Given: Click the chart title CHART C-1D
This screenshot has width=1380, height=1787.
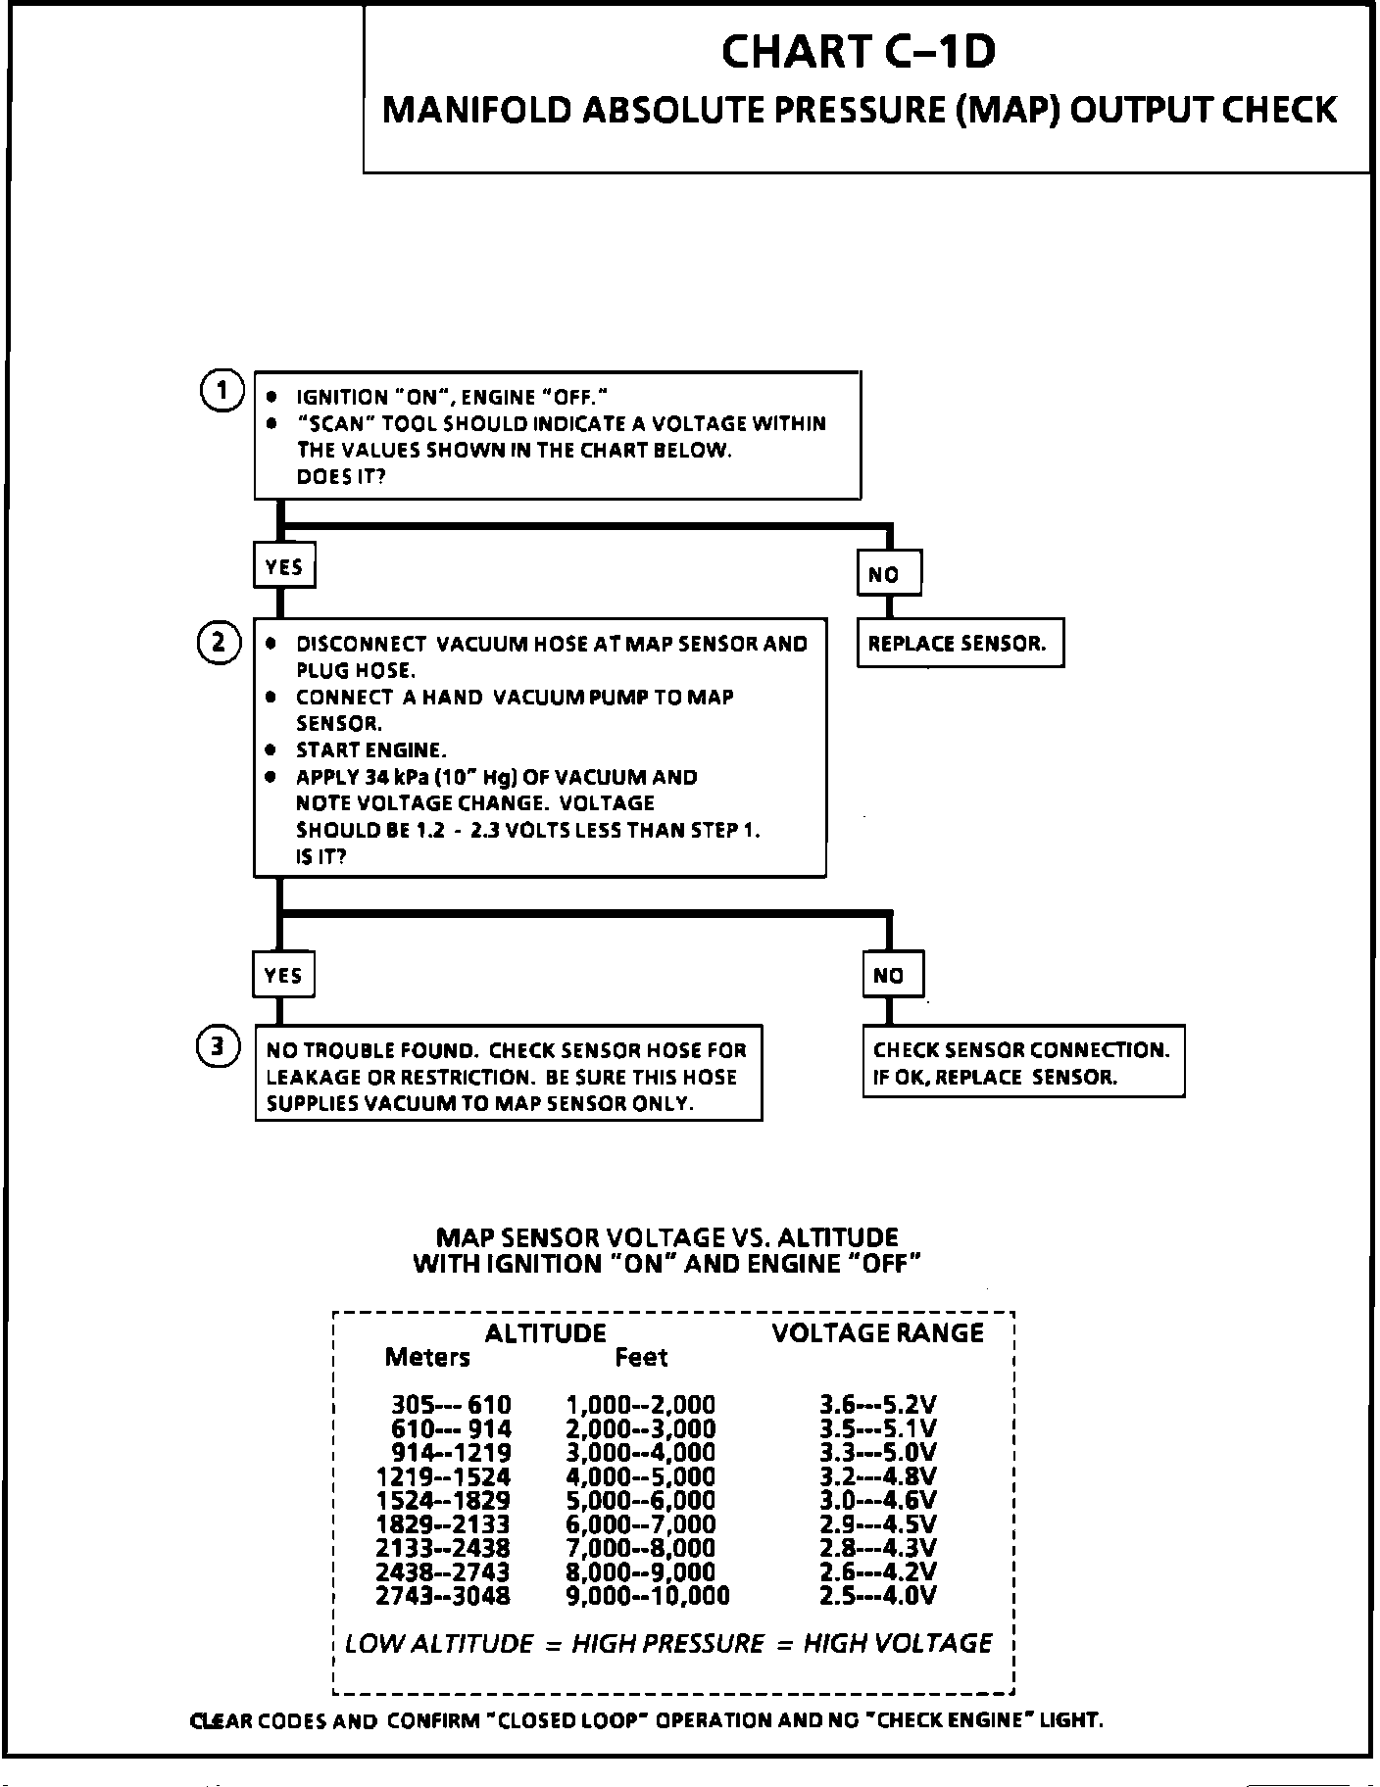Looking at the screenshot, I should click(x=859, y=53).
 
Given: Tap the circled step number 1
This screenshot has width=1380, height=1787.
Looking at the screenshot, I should click(x=222, y=392).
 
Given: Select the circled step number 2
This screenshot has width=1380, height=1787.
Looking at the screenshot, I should click(x=220, y=643).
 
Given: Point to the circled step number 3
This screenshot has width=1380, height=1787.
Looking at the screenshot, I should click(x=220, y=1047).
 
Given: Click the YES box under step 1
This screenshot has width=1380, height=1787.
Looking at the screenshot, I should click(x=284, y=566).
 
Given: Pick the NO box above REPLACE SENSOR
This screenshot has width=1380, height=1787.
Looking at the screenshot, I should click(x=888, y=574).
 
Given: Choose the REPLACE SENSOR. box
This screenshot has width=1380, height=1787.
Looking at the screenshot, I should click(x=960, y=644).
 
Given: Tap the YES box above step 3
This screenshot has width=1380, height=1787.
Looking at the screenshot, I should click(x=283, y=975).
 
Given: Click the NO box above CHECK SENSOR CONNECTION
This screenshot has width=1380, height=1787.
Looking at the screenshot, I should click(x=892, y=976).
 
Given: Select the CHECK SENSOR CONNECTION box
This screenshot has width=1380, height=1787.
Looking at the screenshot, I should click(x=1022, y=1063).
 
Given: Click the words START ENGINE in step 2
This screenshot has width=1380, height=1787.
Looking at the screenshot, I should click(x=370, y=750).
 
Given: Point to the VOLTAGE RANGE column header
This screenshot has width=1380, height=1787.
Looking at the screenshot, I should click(x=877, y=1333).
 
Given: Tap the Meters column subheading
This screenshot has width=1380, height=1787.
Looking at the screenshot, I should click(x=427, y=1358).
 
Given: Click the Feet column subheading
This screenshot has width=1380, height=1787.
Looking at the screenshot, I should click(x=641, y=1358).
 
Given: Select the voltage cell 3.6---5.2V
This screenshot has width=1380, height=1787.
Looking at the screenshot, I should click(x=877, y=1406).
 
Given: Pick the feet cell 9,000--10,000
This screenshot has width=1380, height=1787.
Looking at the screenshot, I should click(x=648, y=1596).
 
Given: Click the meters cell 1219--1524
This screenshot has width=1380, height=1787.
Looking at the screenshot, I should click(x=443, y=1477).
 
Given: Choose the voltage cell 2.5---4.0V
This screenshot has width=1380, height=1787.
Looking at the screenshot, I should click(x=877, y=1596).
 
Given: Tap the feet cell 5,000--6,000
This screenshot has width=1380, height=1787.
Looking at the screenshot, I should click(x=641, y=1501).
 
